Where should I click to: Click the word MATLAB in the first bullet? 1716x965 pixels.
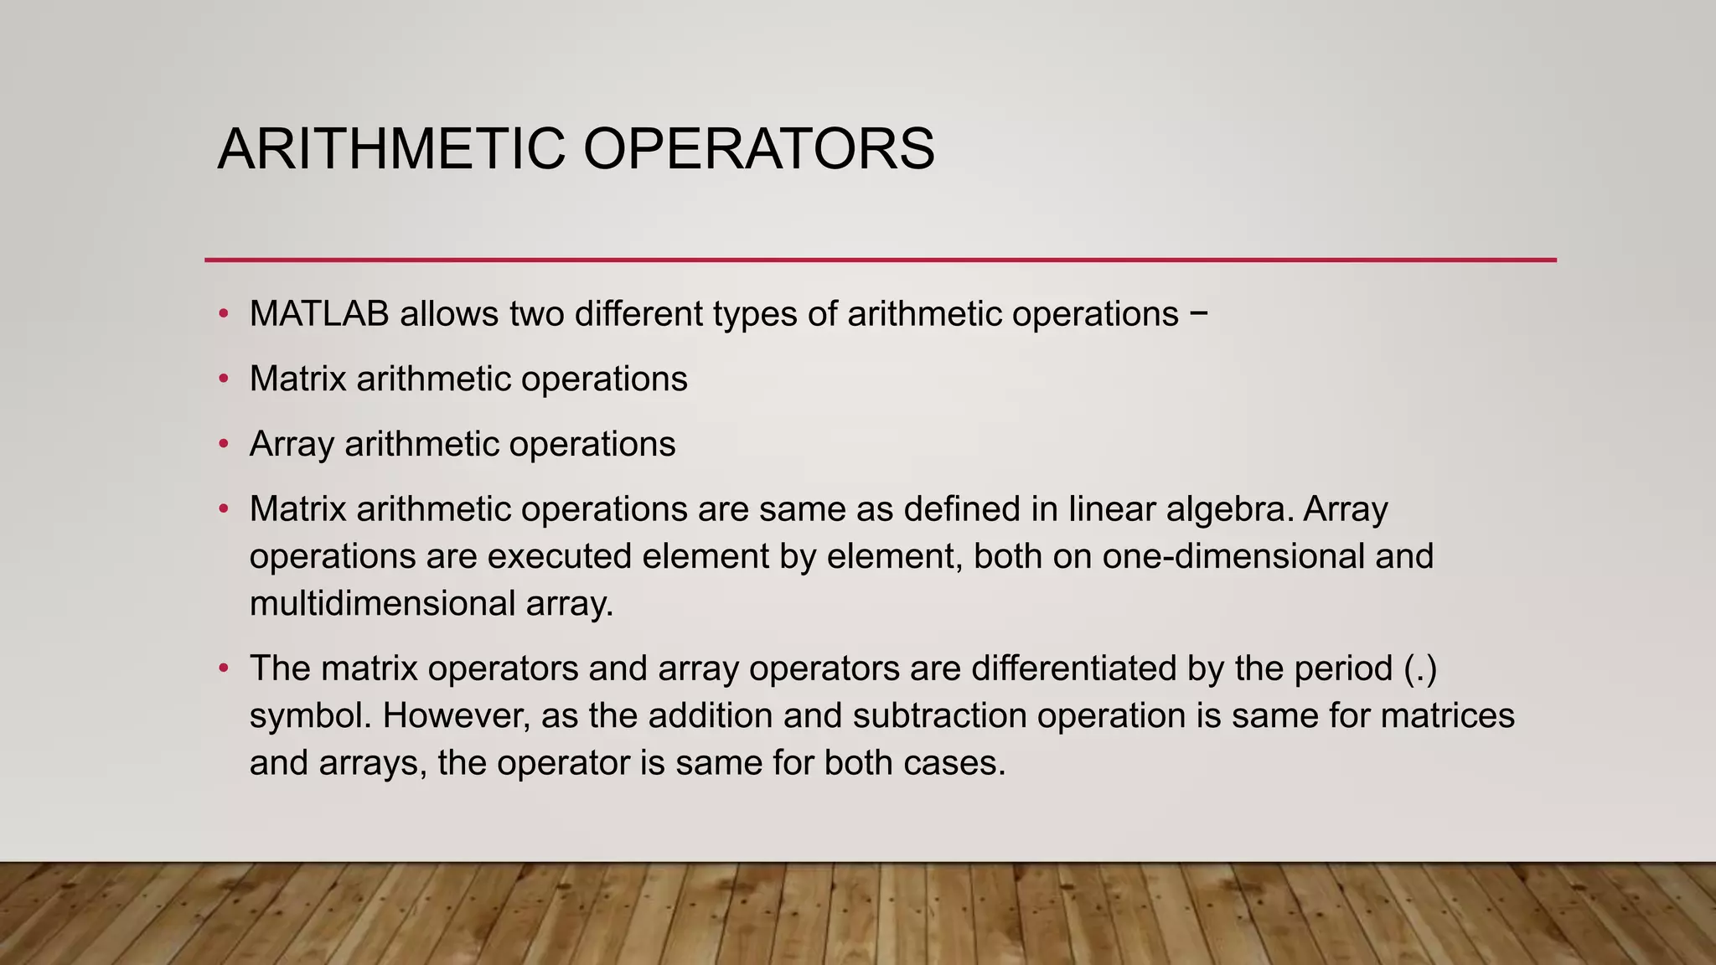coord(319,314)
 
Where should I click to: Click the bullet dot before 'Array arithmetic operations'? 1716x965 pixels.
coord(223,444)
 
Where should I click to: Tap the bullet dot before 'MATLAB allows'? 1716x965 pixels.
coord(223,314)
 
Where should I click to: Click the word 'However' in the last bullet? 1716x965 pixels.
coord(457,716)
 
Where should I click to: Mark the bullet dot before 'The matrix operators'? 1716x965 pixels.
coord(223,668)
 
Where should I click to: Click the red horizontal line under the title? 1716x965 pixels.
coord(880,260)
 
